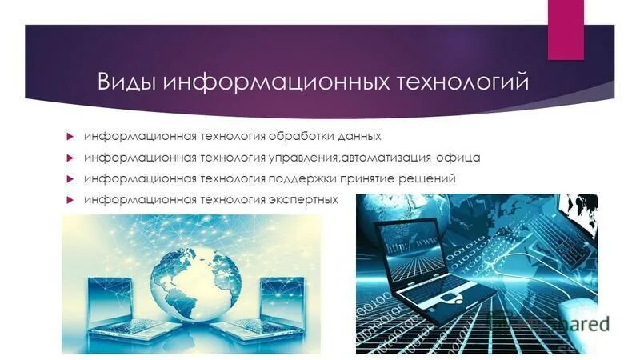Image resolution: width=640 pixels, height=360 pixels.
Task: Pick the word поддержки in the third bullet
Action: [295, 178]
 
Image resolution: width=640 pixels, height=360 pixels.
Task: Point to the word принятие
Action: [366, 178]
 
